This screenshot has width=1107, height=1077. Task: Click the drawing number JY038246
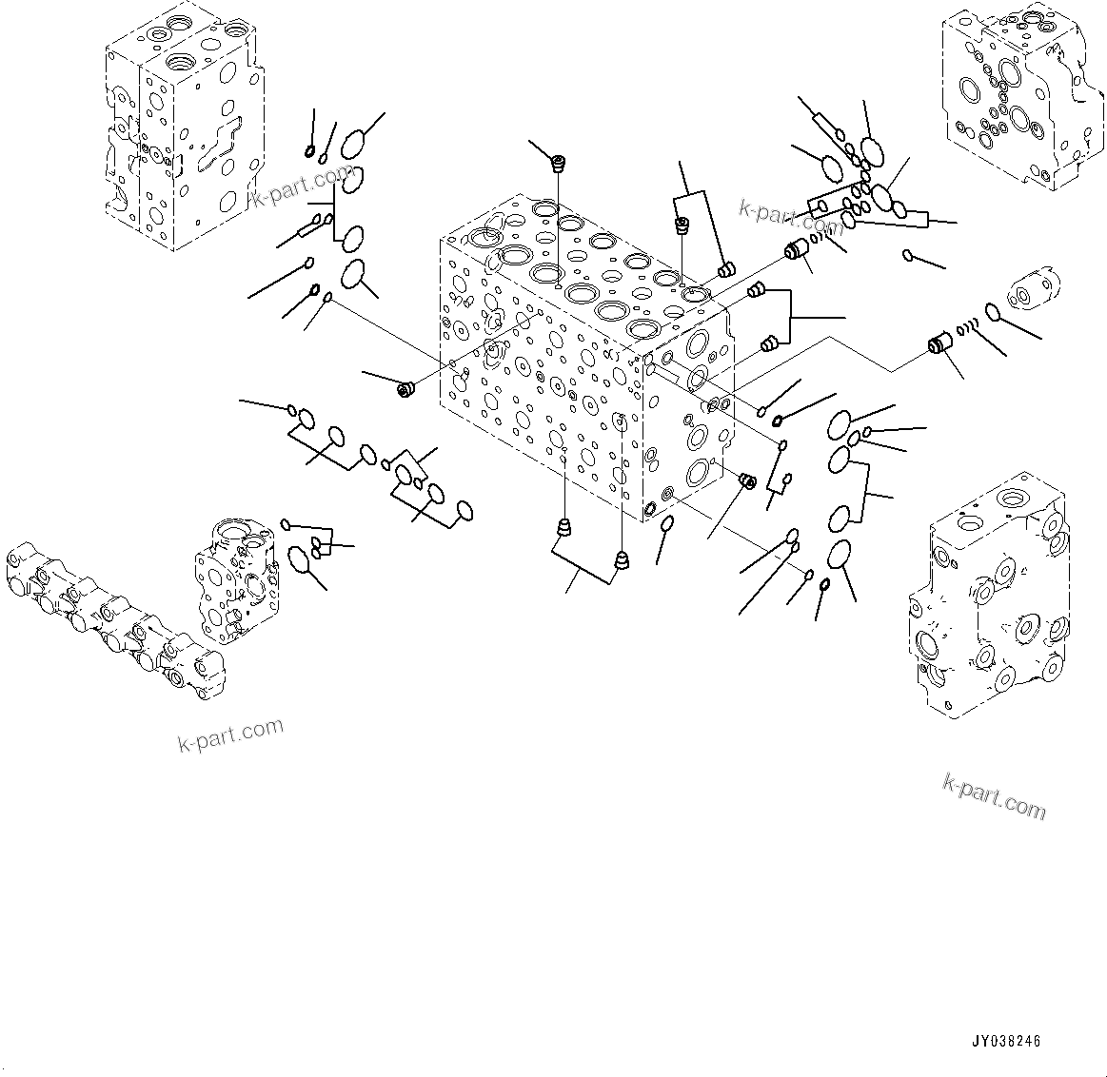(x=1008, y=1042)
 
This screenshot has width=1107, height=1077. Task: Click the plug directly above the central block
(x=559, y=164)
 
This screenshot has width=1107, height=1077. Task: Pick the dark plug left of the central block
(x=405, y=389)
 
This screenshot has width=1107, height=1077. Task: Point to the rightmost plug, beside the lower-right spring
(x=939, y=346)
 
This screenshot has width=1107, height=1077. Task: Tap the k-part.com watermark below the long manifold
(x=230, y=734)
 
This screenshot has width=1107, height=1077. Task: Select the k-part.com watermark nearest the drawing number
(x=994, y=796)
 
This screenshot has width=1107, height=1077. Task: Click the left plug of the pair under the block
(x=564, y=528)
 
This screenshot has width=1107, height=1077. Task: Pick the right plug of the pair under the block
(x=623, y=561)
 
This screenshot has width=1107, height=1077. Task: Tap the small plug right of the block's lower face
(x=747, y=481)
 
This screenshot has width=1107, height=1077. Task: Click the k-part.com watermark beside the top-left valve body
(x=302, y=186)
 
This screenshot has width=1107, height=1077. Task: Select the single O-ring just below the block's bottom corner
(x=668, y=523)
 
